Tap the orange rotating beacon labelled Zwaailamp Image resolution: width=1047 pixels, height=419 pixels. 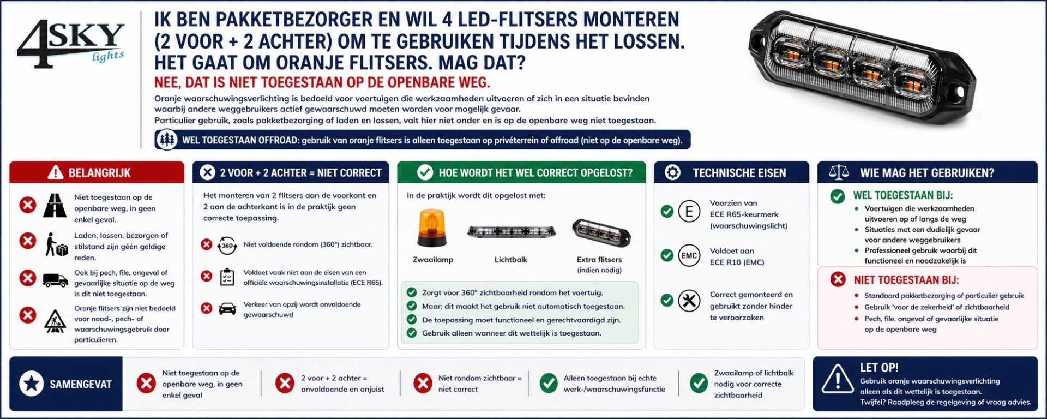pos(431,228)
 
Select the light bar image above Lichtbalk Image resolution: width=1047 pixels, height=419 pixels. pos(511,232)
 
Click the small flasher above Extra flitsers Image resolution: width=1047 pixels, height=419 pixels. pos(601,233)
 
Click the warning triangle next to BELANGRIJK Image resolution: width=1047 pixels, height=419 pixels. pos(55,173)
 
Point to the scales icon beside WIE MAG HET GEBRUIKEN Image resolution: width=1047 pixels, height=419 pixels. pos(839,172)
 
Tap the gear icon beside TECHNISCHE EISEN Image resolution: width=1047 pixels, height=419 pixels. pos(672,172)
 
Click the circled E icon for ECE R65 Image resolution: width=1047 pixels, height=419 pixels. pos(689,212)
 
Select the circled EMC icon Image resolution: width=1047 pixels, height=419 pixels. pos(689,255)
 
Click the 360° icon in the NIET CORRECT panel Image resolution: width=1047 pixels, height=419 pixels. pos(227,246)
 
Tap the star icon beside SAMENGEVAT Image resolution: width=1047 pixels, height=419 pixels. pos(32,384)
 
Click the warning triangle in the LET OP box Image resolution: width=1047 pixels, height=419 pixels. pos(837,379)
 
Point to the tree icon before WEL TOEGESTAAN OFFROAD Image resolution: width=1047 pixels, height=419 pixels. pos(167,140)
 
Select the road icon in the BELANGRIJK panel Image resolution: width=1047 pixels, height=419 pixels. pos(55,205)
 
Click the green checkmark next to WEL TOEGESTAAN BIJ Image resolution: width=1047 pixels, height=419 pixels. pos(838,196)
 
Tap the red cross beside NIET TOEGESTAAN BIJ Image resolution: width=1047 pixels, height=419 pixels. pos(838,280)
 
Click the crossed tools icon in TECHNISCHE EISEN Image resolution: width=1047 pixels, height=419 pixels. pos(689,301)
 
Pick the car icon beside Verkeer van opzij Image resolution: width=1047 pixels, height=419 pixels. pos(227,309)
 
